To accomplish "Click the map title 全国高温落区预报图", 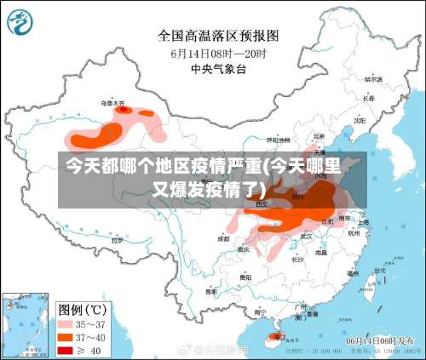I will coord(218,36).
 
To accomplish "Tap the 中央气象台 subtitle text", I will coord(218,69).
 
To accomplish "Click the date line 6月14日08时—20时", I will coord(218,53).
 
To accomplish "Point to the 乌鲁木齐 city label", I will coord(112,104).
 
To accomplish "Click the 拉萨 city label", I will coord(117,240).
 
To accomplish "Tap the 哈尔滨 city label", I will coord(373,78).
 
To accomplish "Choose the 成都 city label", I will coord(223,239).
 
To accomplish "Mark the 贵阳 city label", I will coord(245,277).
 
